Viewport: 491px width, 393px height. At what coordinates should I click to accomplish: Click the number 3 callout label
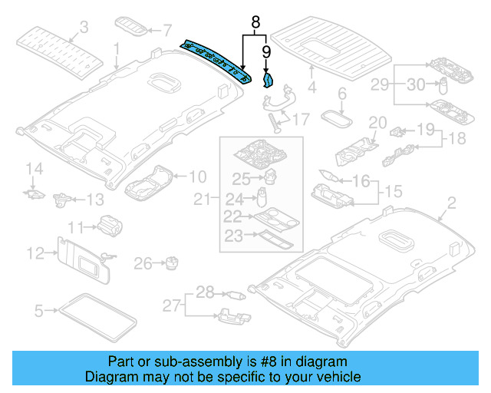click(84, 28)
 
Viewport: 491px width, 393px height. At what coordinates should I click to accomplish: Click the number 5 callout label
click(38, 311)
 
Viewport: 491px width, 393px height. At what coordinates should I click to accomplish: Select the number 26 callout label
click(143, 264)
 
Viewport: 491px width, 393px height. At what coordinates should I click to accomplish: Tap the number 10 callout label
click(197, 176)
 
